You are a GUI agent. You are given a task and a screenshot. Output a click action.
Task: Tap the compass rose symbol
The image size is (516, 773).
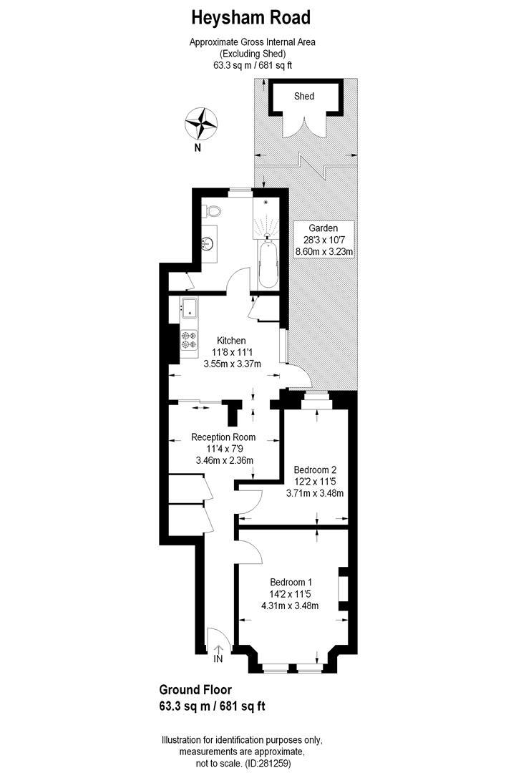coord(200,123)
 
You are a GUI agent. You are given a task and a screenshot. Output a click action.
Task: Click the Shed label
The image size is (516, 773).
coord(304,96)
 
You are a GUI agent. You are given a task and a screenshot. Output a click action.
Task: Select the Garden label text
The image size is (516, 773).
coord(323,228)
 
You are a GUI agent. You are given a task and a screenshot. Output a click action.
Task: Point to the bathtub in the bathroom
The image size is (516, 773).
coord(267,265)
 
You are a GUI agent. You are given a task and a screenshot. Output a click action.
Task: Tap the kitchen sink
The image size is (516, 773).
coord(189,308)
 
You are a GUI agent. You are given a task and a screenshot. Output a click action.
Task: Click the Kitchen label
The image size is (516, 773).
coord(231,341)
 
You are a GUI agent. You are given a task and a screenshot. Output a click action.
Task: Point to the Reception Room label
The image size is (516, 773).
coord(223,437)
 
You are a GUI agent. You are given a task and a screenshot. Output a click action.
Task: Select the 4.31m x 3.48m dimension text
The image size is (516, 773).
coord(290,606)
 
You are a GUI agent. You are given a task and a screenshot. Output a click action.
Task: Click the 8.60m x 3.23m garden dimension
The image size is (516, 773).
coord(325,251)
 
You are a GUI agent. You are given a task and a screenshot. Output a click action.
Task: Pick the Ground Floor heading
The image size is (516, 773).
coord(195,691)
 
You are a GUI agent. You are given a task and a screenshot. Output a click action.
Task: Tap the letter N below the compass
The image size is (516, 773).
coord(197,148)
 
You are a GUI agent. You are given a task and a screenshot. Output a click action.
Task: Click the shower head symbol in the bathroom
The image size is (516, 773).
coord(266,203)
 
